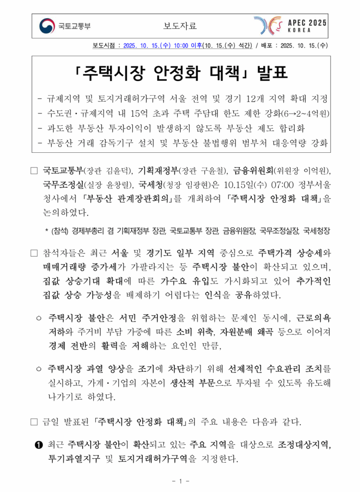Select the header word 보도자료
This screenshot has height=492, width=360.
point(180,26)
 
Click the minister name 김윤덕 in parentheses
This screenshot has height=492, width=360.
point(118,170)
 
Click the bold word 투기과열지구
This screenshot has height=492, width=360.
point(74,459)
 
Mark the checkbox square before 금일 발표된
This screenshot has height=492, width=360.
point(34,423)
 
